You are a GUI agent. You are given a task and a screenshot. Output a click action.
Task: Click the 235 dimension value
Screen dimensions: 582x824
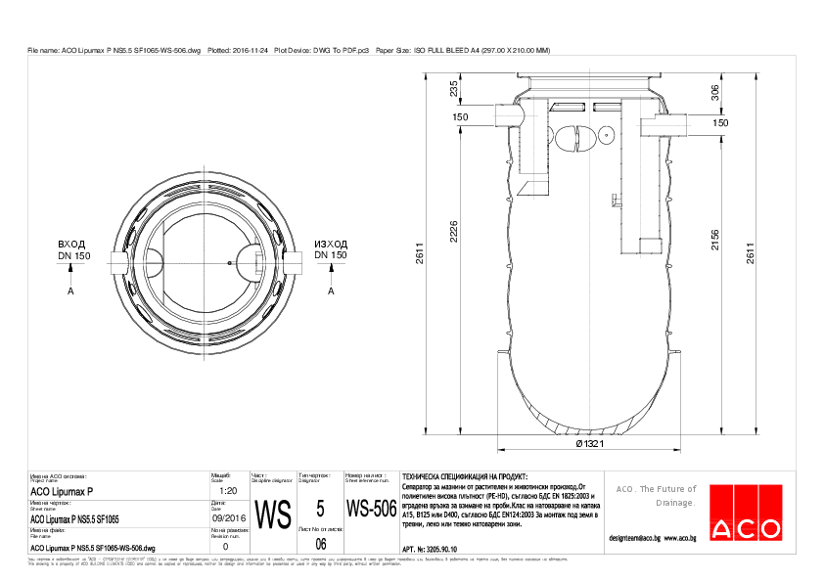pos(453,89)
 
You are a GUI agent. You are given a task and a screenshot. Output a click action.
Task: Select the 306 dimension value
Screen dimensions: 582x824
pos(715,92)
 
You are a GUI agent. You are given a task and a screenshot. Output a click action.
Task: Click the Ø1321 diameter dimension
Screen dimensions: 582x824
pos(586,444)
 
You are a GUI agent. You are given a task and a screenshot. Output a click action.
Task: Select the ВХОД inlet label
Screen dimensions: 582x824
pos(71,244)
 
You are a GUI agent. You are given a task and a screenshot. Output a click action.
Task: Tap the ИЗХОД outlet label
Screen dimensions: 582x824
pos(331,244)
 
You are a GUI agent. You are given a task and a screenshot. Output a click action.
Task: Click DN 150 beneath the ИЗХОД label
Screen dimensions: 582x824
pos(331,255)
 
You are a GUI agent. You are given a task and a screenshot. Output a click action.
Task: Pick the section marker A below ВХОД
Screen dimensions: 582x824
pos(70,291)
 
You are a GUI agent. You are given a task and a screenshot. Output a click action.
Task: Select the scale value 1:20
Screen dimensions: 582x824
pos(228,490)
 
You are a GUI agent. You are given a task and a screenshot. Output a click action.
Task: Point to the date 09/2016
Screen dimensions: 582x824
pos(228,517)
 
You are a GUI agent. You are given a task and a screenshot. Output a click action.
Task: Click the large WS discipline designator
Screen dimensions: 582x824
pos(272,514)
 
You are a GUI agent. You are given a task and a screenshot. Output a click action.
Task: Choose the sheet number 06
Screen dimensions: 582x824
pos(320,544)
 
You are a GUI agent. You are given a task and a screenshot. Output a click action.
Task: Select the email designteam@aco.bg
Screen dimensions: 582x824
pos(634,538)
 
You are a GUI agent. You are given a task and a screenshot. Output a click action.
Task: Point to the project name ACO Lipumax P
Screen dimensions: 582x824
pos(62,491)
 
